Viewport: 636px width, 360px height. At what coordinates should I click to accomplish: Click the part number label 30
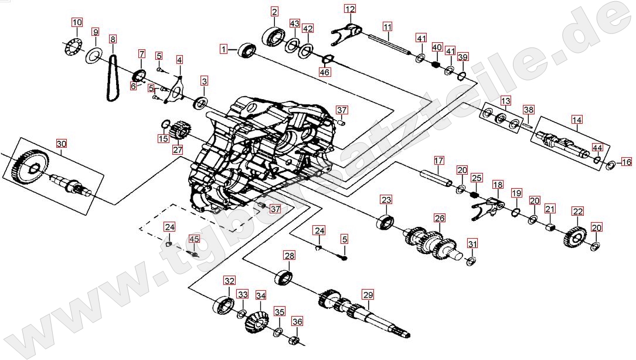pyautogui.click(x=62, y=144)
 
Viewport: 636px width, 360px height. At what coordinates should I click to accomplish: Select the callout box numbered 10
pyautogui.click(x=77, y=23)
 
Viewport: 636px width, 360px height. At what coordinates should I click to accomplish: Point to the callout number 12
pyautogui.click(x=350, y=9)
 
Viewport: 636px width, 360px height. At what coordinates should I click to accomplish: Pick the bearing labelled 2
pyautogui.click(x=275, y=35)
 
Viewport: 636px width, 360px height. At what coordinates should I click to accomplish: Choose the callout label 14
pyautogui.click(x=577, y=121)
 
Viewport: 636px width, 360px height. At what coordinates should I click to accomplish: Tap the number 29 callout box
pyautogui.click(x=368, y=294)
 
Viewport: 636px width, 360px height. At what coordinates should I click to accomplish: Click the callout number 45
pyautogui.click(x=194, y=239)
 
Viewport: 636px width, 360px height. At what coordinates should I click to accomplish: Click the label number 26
pyautogui.click(x=440, y=218)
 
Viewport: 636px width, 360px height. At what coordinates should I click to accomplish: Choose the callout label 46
pyautogui.click(x=324, y=72)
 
